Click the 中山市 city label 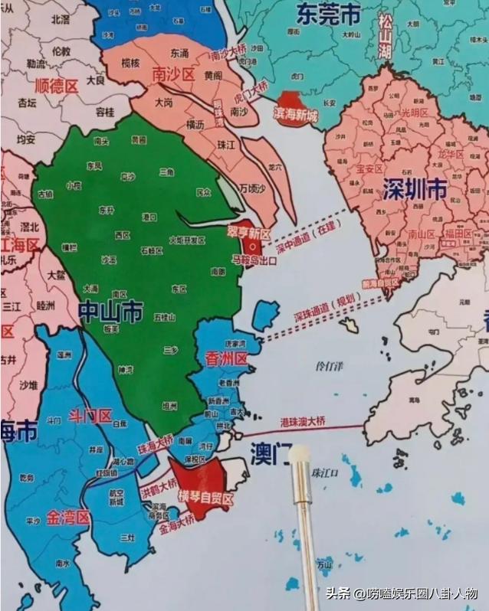(110, 311)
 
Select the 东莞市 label (329, 15)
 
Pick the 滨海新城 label (294, 113)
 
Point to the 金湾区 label (67, 518)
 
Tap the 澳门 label (268, 454)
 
